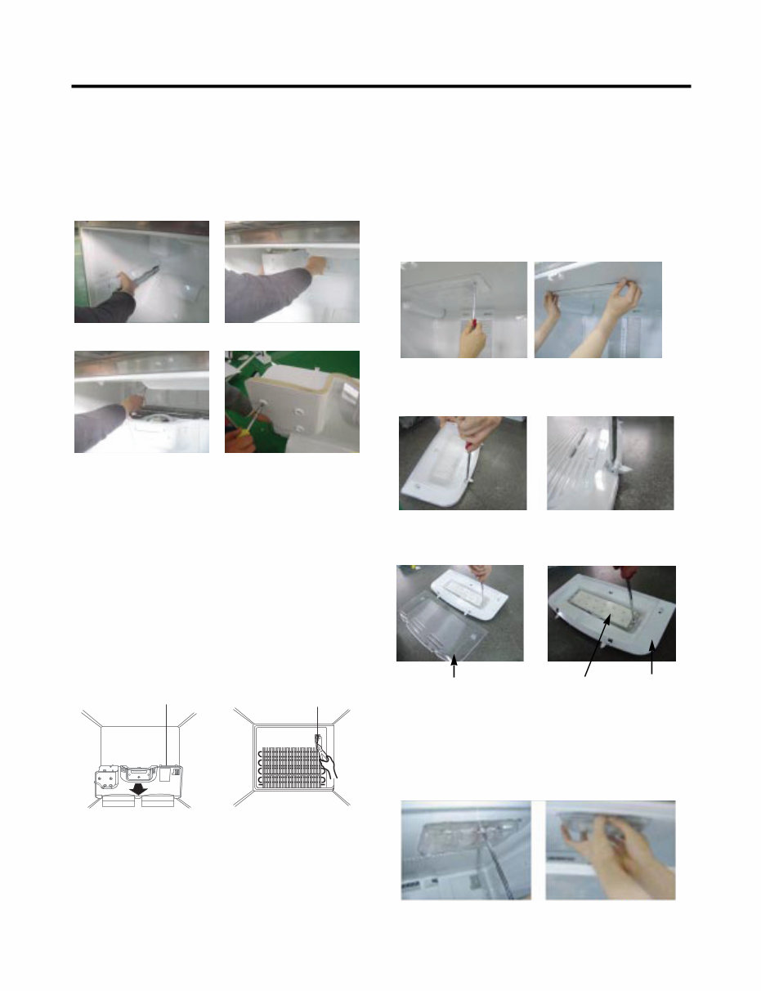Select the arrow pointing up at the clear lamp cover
point(454,670)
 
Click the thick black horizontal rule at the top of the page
point(381,86)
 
